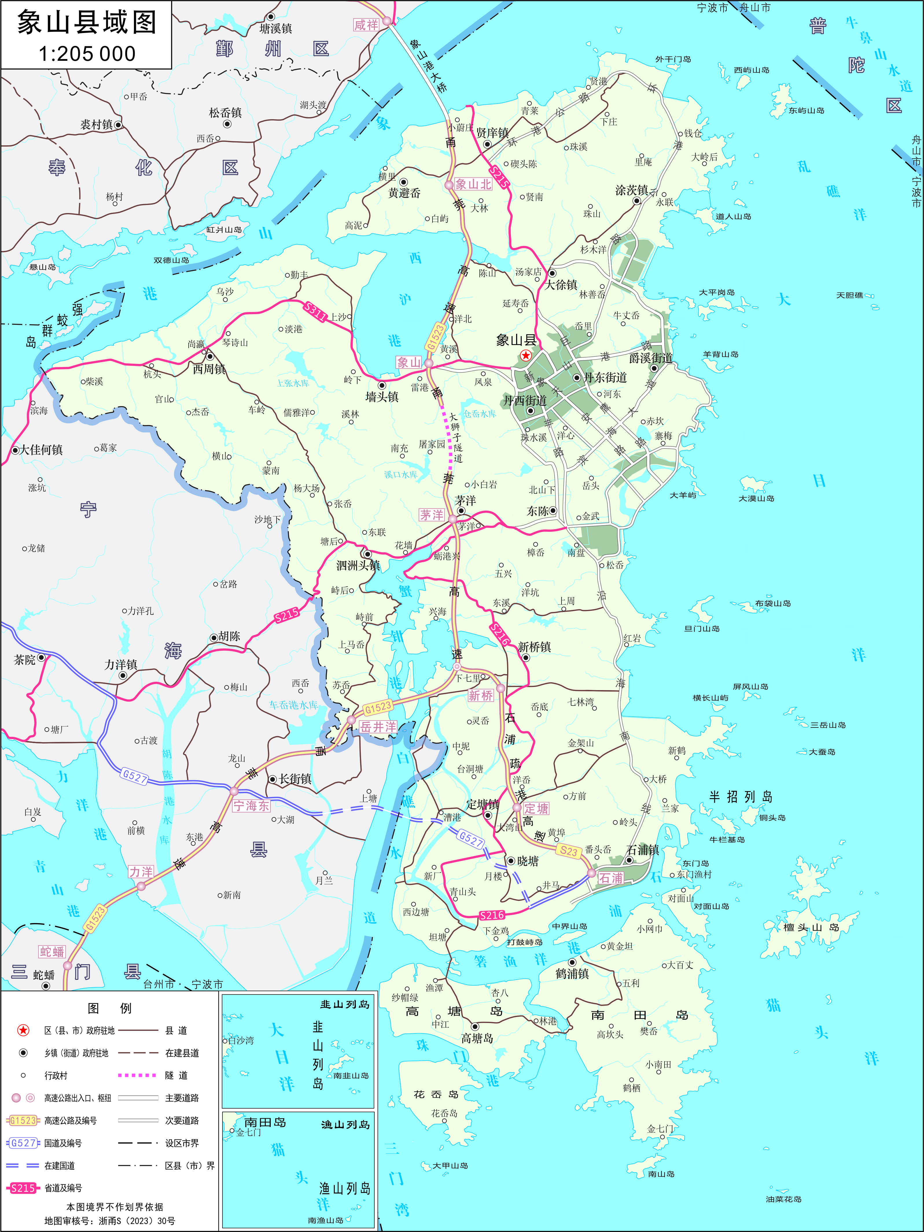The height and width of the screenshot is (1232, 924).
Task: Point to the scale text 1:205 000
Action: click(x=87, y=54)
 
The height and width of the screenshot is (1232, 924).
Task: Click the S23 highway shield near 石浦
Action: click(x=568, y=850)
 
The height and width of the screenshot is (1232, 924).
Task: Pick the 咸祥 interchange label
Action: click(x=366, y=25)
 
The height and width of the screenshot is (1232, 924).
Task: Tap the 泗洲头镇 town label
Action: click(x=358, y=565)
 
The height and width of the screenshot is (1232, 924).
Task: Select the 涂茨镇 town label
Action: click(x=631, y=190)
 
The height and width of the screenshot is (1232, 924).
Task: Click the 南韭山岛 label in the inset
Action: click(x=351, y=1075)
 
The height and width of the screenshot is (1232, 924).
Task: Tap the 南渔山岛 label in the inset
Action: click(x=326, y=1220)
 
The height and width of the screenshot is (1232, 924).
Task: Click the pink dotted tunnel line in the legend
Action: click(x=137, y=1075)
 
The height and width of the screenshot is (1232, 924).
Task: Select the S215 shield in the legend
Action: click(x=23, y=1188)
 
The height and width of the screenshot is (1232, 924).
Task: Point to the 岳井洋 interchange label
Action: click(x=378, y=727)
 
